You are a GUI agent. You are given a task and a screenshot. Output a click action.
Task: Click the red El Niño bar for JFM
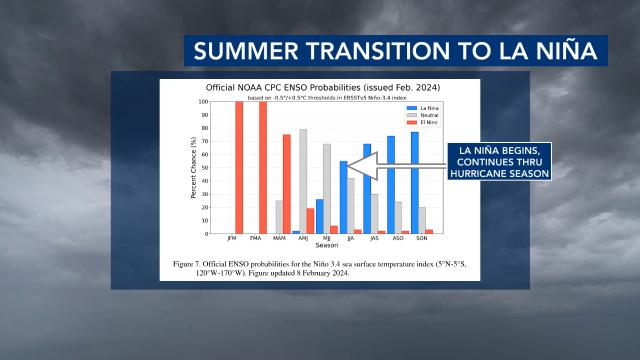(240, 167)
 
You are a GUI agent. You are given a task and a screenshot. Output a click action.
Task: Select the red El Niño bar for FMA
(263, 167)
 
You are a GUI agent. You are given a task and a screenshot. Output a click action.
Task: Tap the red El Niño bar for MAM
(286, 184)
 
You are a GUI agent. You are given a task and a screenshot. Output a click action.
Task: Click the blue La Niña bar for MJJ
(319, 216)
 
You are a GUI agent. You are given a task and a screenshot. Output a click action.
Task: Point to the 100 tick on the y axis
(203, 102)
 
